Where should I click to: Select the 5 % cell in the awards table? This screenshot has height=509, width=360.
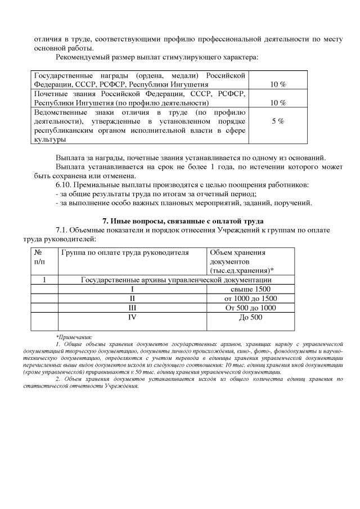tap(277, 121)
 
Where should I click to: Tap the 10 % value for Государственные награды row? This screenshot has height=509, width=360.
tap(278, 84)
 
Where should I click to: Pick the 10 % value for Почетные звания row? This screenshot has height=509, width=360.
tap(278, 103)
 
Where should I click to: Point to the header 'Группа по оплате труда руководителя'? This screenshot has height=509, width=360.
tap(125, 253)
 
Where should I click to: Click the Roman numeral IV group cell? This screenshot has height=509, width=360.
tap(133, 317)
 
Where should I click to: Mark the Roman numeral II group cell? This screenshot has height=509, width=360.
tap(133, 298)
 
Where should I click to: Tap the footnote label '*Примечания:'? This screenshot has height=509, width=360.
tap(74, 336)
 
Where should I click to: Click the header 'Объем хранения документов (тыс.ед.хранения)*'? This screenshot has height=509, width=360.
tap(242, 262)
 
